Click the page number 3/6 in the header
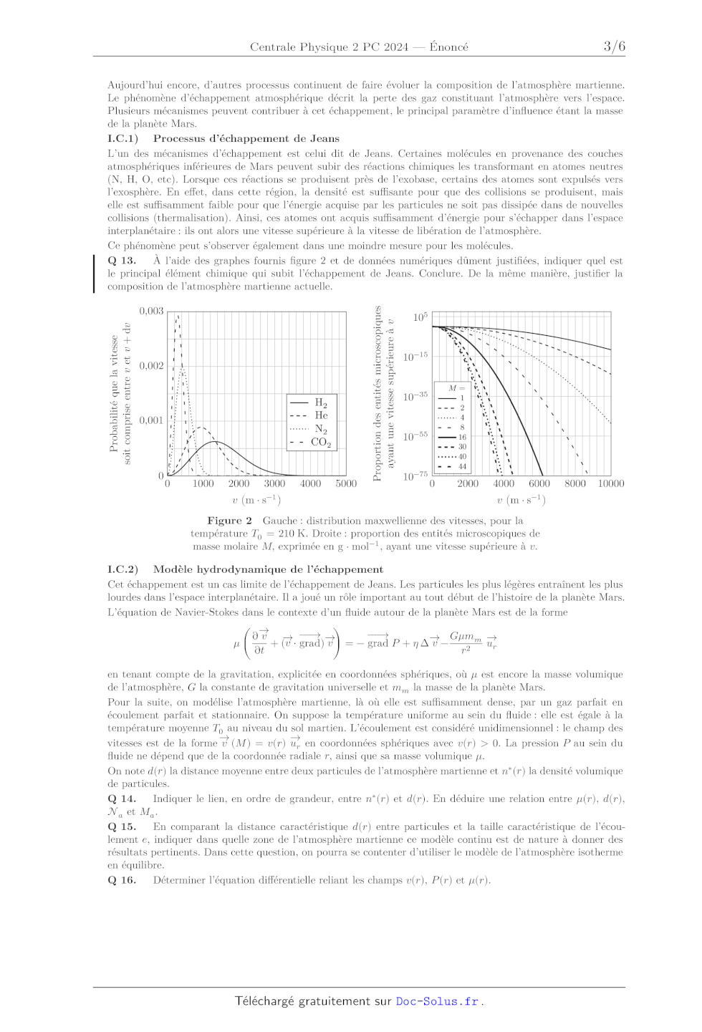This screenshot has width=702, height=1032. (x=614, y=47)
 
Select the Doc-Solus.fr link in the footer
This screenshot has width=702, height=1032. (x=437, y=1001)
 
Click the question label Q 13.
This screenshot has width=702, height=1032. (x=122, y=261)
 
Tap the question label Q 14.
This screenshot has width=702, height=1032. (x=122, y=799)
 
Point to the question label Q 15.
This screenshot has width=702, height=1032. (x=122, y=826)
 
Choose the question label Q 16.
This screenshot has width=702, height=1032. (x=122, y=880)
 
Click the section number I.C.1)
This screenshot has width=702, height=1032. (x=122, y=139)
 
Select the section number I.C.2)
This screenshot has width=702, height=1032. (x=122, y=569)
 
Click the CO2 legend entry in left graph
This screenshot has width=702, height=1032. (x=320, y=443)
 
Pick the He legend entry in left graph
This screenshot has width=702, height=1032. (x=321, y=415)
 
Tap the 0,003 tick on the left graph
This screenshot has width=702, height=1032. (x=151, y=311)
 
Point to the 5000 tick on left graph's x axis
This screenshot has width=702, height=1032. (x=346, y=484)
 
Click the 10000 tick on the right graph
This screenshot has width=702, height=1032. (x=611, y=484)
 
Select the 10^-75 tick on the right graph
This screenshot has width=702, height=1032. (x=415, y=476)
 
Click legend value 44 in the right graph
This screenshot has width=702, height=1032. (x=462, y=466)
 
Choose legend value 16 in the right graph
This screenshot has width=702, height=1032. (x=462, y=437)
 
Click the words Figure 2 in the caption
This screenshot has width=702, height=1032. (x=229, y=521)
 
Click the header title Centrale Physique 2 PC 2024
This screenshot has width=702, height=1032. (x=329, y=47)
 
